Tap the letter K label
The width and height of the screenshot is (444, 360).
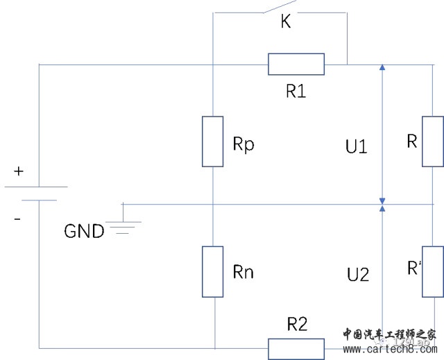point(286,23)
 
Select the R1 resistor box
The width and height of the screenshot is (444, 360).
point(296,64)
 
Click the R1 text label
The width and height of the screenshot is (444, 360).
point(296,91)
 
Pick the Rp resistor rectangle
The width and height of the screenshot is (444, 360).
point(213,142)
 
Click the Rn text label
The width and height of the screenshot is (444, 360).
point(244,272)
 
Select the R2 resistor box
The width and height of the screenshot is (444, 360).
point(296,348)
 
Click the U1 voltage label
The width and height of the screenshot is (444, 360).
point(356,146)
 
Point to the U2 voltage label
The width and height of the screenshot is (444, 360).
point(357,275)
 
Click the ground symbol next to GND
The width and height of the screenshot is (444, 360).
point(123,222)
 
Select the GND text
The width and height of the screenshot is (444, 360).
point(84,231)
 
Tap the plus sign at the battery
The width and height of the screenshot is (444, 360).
point(18,171)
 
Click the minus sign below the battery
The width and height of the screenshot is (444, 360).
point(17,219)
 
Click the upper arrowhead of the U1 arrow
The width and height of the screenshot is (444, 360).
point(382,67)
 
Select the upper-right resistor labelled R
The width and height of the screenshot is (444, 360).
point(433,142)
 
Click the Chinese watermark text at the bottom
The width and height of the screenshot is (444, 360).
point(388,333)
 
